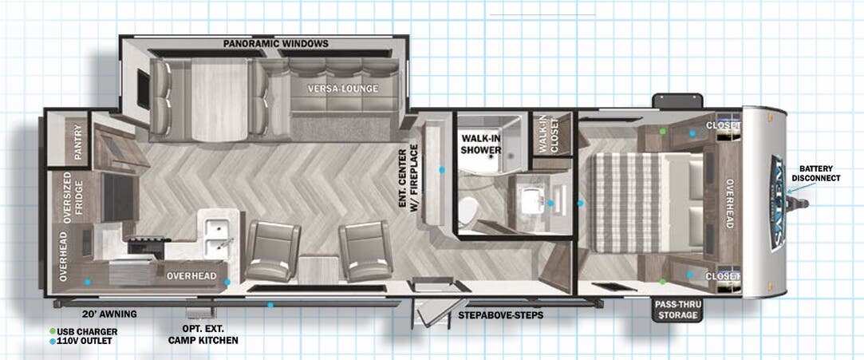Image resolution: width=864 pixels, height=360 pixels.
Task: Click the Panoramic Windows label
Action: [x=276, y=44]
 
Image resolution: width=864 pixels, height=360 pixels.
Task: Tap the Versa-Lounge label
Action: [x=345, y=89]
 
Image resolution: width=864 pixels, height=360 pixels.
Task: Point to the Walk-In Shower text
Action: [x=481, y=144]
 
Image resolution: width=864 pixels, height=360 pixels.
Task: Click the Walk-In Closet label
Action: [x=550, y=133]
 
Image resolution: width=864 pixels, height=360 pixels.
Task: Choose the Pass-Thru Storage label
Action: [x=677, y=310]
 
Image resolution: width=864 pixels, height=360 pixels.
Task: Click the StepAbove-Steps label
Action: [x=500, y=315]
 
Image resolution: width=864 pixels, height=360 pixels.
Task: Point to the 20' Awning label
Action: [x=109, y=315]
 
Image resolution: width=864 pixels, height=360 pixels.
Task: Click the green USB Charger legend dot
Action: [x=53, y=331]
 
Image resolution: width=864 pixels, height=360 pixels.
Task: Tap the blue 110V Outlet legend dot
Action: [x=53, y=342]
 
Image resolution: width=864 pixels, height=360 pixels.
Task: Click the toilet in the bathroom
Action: [x=468, y=211]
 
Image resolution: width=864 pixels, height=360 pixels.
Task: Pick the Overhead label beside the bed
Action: [x=728, y=203]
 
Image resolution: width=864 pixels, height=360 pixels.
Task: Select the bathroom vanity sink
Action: [x=529, y=202]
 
